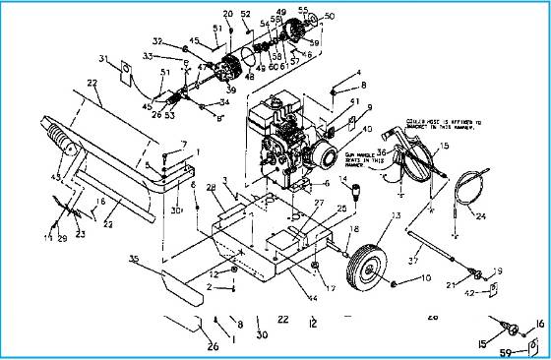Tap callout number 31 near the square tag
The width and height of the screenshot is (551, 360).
[103, 59]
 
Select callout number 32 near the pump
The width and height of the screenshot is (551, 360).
[156, 41]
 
